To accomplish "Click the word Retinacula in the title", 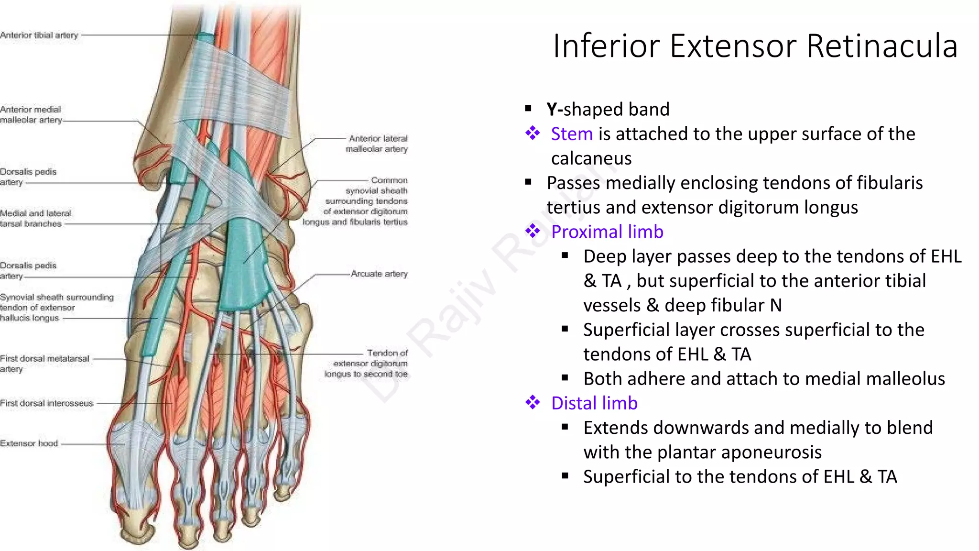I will [x=882, y=46].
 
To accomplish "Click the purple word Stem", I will [x=572, y=134].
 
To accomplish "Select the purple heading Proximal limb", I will [x=607, y=232].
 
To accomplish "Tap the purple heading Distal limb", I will [x=594, y=403].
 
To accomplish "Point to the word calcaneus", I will [x=591, y=158].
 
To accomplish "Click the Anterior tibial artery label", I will [x=39, y=35].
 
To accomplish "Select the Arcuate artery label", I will [x=379, y=274].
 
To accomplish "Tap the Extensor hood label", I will [x=29, y=443].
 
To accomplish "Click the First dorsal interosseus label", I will [x=46, y=403].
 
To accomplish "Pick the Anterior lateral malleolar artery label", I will [x=377, y=144].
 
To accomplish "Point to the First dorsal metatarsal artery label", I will [x=44, y=364].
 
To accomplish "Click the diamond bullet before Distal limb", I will [x=533, y=403].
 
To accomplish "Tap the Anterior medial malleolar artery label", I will [x=31, y=115].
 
